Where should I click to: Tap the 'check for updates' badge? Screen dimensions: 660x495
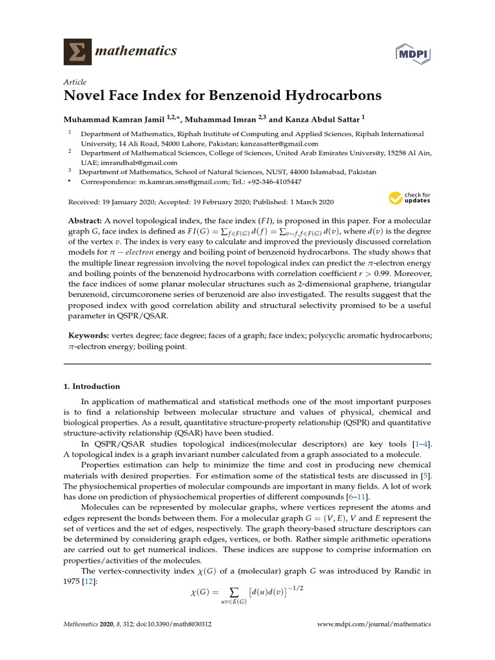409,198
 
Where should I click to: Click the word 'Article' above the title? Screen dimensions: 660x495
74,82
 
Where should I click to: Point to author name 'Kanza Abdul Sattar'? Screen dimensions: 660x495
322,119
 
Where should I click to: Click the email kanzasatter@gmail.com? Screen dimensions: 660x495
278,144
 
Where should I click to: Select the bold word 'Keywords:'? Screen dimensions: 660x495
88,336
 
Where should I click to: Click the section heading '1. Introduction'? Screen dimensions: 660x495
92,387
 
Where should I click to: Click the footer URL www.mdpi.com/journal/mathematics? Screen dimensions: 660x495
375,625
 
